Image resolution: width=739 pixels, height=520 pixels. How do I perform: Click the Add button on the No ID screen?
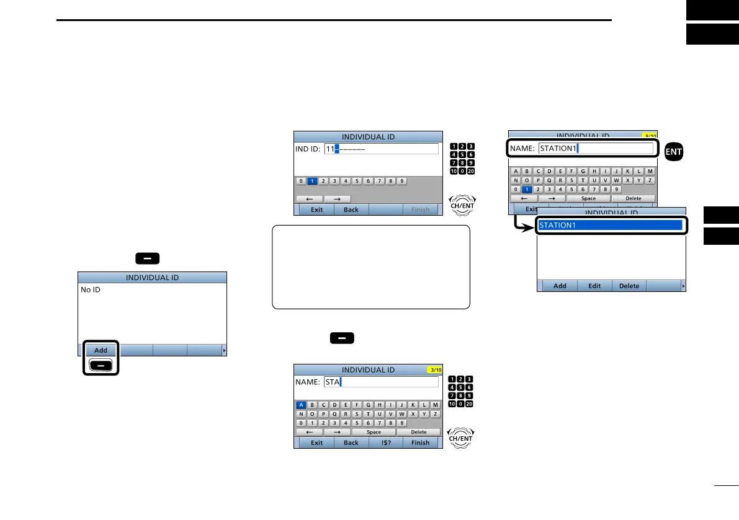coord(101,350)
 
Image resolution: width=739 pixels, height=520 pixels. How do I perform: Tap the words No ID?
coord(91,289)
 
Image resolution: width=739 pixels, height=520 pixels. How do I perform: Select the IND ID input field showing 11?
coord(381,149)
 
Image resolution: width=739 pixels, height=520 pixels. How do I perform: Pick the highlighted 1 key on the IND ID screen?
coord(312,181)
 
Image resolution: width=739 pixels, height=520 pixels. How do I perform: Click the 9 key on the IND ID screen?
coord(401,181)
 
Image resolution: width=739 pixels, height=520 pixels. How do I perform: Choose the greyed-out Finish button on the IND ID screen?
coord(420,209)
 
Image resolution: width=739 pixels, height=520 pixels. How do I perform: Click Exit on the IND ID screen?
coord(316,209)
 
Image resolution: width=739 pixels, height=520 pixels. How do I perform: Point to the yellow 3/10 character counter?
coord(434,370)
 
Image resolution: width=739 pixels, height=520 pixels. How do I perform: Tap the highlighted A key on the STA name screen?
coord(301,405)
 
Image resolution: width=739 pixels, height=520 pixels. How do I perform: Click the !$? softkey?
coord(386,443)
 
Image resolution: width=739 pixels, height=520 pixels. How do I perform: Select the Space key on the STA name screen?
coord(374,432)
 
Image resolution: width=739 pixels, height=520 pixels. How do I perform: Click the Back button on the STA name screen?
coord(351,443)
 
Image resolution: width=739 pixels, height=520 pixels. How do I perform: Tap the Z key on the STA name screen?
coord(435,414)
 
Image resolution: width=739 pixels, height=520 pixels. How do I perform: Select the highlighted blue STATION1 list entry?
coord(611,225)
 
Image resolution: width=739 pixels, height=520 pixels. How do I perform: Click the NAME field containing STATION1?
coord(596,148)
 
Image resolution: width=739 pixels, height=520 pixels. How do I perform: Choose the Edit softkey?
coord(594,286)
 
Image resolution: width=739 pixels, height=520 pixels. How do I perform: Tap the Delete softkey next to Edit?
coord(629,286)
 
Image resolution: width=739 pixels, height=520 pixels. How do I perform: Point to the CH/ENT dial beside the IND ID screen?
coord(462,205)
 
